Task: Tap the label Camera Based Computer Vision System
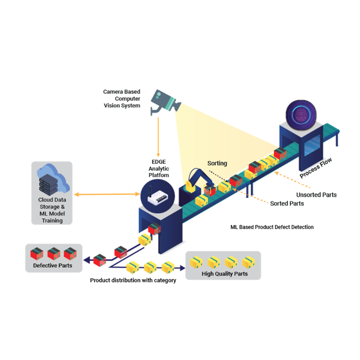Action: click(x=121, y=99)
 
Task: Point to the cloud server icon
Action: click(x=50, y=180)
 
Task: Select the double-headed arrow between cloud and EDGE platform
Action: click(x=107, y=194)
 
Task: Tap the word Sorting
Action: click(x=217, y=163)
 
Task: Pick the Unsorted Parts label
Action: click(x=316, y=195)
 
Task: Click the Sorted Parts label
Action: click(x=287, y=203)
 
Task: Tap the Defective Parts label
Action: click(x=52, y=265)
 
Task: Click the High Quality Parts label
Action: click(x=224, y=274)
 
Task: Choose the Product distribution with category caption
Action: click(x=133, y=280)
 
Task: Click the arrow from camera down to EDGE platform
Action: click(x=158, y=135)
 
